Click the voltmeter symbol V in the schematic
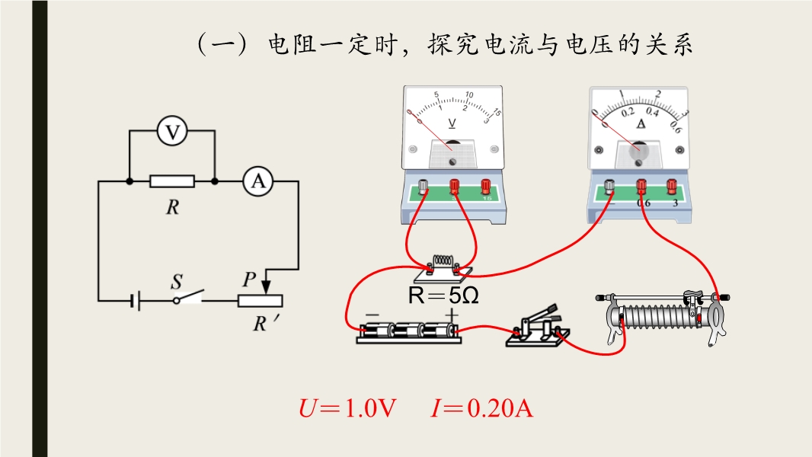click(x=173, y=132)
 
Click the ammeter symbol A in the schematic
click(x=258, y=181)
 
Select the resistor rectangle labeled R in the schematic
click(x=172, y=181)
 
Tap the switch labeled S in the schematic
click(x=190, y=296)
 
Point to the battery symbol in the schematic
click(x=135, y=301)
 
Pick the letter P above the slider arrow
click(x=248, y=280)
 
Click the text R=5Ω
click(x=444, y=296)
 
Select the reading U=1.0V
click(x=348, y=408)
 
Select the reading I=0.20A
click(x=481, y=408)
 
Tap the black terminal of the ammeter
click(x=609, y=186)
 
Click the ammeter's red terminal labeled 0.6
click(x=641, y=186)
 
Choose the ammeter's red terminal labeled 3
click(x=672, y=186)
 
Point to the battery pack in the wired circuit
click(x=409, y=331)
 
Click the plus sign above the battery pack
click(x=452, y=314)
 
